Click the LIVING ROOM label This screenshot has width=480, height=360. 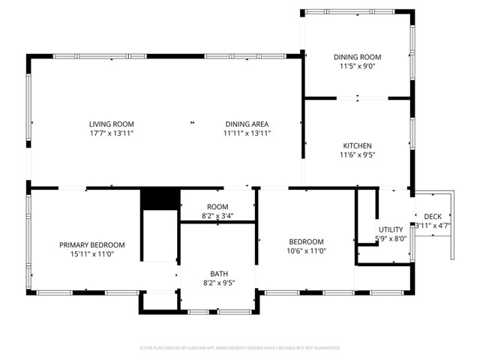point(112,124)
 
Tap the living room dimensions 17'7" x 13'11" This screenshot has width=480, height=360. point(112,133)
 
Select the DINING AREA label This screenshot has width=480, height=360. point(247,124)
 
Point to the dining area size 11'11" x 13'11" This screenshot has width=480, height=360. point(247,133)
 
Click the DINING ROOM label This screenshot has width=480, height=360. point(358,57)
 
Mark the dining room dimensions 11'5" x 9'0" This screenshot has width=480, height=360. point(358,66)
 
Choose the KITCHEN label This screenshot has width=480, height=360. point(358,145)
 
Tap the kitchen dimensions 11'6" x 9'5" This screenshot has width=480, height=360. point(358,155)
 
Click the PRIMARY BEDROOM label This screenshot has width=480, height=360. point(92,244)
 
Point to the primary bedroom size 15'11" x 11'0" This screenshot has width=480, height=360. point(92,254)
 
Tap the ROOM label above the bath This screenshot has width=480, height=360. point(217,206)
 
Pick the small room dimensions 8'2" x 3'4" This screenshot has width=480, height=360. point(217,216)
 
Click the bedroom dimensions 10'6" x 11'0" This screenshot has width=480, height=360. point(307,251)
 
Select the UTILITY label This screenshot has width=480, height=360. point(391,229)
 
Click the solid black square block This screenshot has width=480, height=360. point(160,199)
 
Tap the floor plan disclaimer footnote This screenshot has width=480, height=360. point(240,348)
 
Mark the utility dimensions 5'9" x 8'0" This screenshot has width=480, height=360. point(391,239)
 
